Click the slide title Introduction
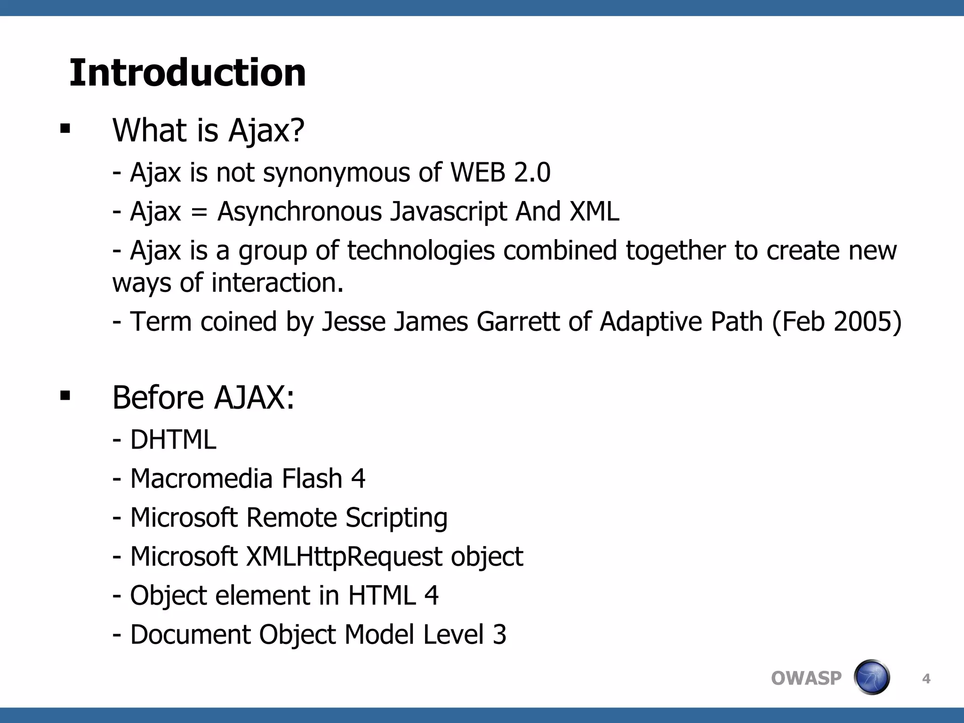[187, 73]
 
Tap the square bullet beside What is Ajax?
[65, 129]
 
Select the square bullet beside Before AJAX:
[65, 395]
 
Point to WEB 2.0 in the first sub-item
[500, 172]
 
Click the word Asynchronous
[299, 211]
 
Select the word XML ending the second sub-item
[594, 211]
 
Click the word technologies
[421, 251]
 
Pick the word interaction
[277, 283]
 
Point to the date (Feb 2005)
[836, 322]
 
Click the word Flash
[312, 479]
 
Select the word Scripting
[396, 518]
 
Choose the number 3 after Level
[499, 635]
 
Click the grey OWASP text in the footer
[806, 678]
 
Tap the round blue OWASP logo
[871, 677]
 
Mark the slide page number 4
[926, 679]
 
